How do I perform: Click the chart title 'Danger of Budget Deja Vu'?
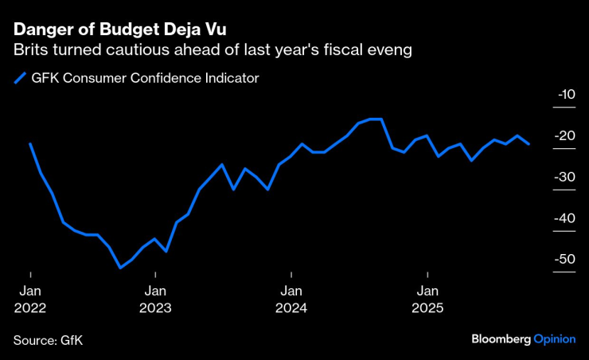point(119,30)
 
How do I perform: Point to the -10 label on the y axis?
point(566,95)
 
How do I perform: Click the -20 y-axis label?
point(566,136)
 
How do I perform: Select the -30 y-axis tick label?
point(566,178)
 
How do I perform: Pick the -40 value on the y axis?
point(566,218)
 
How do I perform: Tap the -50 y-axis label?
point(566,260)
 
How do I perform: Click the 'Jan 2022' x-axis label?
point(29,299)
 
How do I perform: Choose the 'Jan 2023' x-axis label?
point(155,299)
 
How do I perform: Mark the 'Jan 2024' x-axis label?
point(291,299)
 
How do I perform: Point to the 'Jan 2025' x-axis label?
point(427,299)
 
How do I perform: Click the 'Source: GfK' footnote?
point(48,339)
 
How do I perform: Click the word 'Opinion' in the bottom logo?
point(555,339)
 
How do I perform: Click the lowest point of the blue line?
point(120,268)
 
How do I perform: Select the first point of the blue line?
point(29,144)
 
